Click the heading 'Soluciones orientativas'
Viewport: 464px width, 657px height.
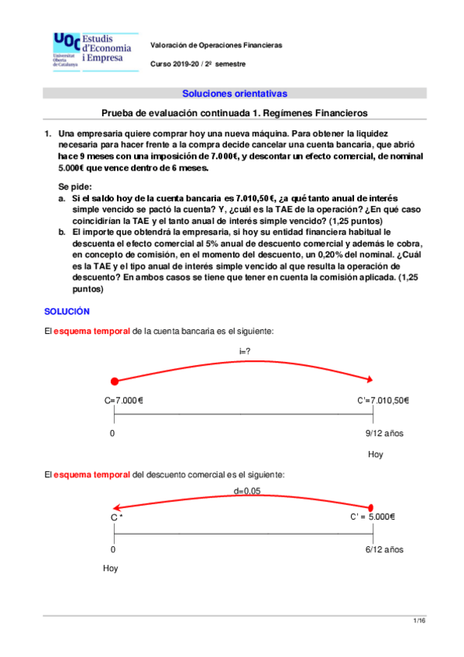tap(234, 94)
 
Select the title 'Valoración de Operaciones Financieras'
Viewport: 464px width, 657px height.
tap(216, 45)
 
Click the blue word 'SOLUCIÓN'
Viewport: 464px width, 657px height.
tap(67, 311)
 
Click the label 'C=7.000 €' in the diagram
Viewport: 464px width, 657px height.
tap(125, 401)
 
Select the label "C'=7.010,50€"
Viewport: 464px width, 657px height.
tap(383, 401)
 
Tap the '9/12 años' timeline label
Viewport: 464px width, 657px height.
tap(384, 433)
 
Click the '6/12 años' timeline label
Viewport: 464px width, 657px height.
tap(384, 549)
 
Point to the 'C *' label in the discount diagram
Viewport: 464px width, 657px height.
tap(117, 517)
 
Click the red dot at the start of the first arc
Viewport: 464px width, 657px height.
tap(115, 381)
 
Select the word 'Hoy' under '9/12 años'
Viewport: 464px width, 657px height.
tap(376, 455)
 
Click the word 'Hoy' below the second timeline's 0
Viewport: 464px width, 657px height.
tap(112, 569)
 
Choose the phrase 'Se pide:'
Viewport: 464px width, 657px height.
tap(75, 187)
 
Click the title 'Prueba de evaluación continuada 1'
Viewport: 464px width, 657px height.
tap(234, 113)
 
